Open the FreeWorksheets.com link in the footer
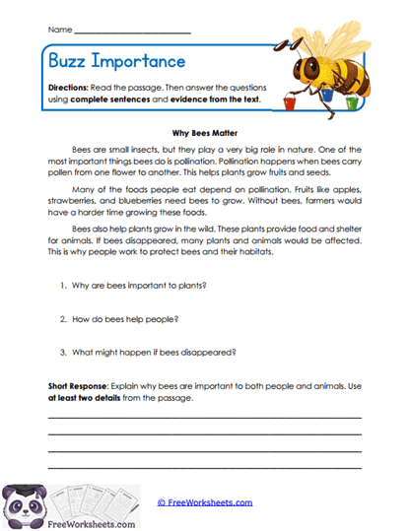pos(204,502)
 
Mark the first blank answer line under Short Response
pos(204,418)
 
